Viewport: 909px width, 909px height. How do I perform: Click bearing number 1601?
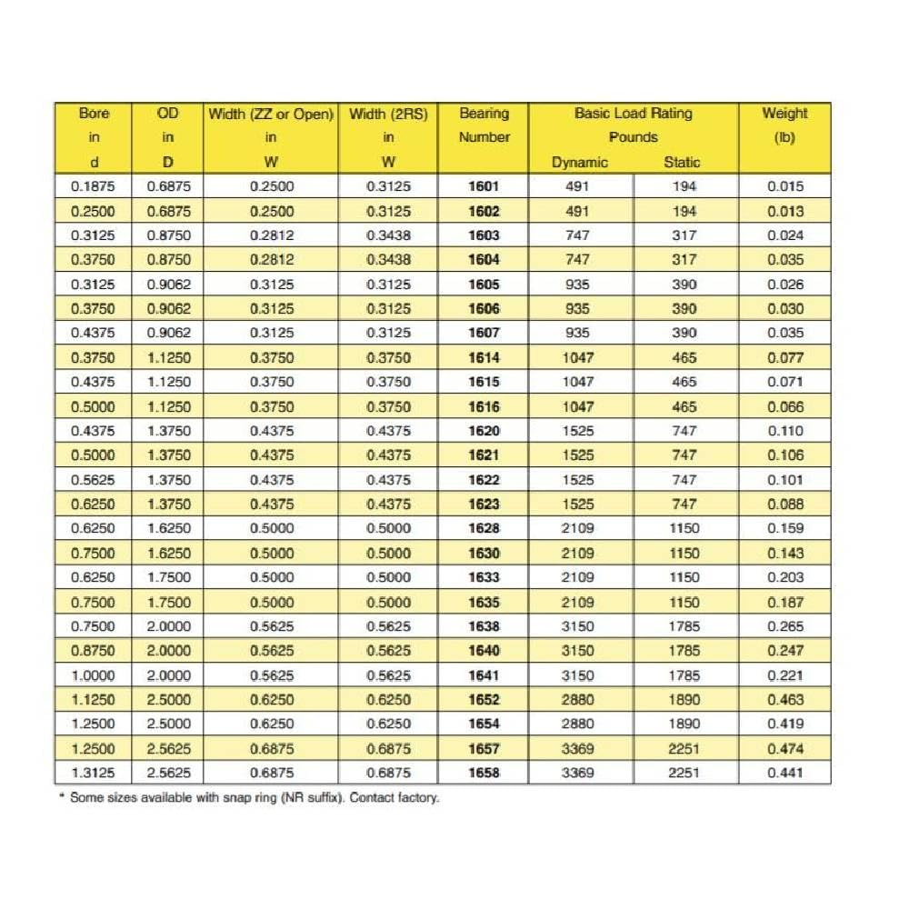click(484, 186)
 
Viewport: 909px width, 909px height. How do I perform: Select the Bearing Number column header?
click(484, 125)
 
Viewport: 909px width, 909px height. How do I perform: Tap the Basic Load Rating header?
click(634, 114)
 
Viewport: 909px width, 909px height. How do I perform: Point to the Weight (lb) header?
click(784, 125)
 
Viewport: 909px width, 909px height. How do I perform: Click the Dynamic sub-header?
click(580, 163)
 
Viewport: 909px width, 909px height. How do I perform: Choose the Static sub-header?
click(682, 163)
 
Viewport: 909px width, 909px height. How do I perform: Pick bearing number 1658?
click(484, 773)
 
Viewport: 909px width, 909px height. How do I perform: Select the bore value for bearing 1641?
click(94, 675)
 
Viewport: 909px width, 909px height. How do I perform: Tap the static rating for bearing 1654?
click(685, 724)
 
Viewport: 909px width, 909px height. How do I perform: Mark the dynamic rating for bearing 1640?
click(578, 651)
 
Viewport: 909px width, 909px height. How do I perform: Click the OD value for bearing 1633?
click(169, 577)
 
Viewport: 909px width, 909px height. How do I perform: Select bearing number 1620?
click(484, 431)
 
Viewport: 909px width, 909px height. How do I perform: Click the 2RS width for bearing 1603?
click(388, 235)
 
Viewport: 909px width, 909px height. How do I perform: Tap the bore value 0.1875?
click(94, 186)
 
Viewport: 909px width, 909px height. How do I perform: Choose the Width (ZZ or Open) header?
click(271, 115)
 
